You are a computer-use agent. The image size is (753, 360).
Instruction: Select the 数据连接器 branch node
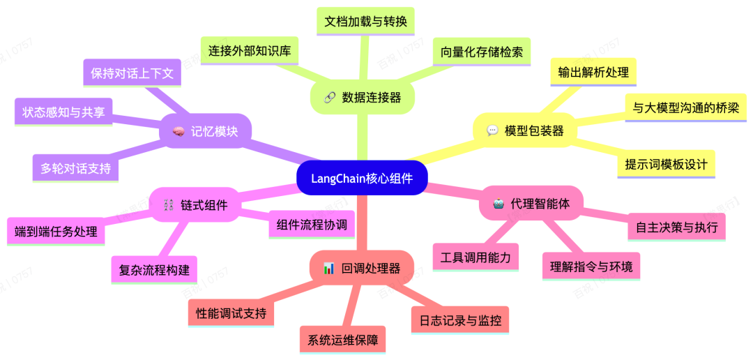[363, 97]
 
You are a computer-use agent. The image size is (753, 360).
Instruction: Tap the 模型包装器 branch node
[525, 130]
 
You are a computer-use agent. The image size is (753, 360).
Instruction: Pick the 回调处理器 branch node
[361, 267]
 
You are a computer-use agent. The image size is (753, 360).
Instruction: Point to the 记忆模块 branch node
[205, 130]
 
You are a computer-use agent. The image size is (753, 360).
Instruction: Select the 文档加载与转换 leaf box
[365, 21]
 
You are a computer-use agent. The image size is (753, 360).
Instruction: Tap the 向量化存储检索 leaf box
[481, 51]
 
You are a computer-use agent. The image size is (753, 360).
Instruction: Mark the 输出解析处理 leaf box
[593, 72]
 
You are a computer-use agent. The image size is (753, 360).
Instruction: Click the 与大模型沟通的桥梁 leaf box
[685, 107]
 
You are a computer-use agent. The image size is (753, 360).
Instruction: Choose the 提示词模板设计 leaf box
[666, 165]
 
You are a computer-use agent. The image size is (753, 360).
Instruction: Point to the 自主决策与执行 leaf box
[676, 227]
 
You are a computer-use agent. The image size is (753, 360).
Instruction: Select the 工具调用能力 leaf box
[476, 257]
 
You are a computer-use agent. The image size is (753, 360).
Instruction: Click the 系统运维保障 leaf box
[342, 341]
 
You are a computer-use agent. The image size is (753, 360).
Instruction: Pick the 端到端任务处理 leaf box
[56, 232]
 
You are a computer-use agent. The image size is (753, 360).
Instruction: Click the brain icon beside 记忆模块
[177, 131]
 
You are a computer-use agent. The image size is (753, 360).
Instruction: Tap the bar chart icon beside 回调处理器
[328, 268]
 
